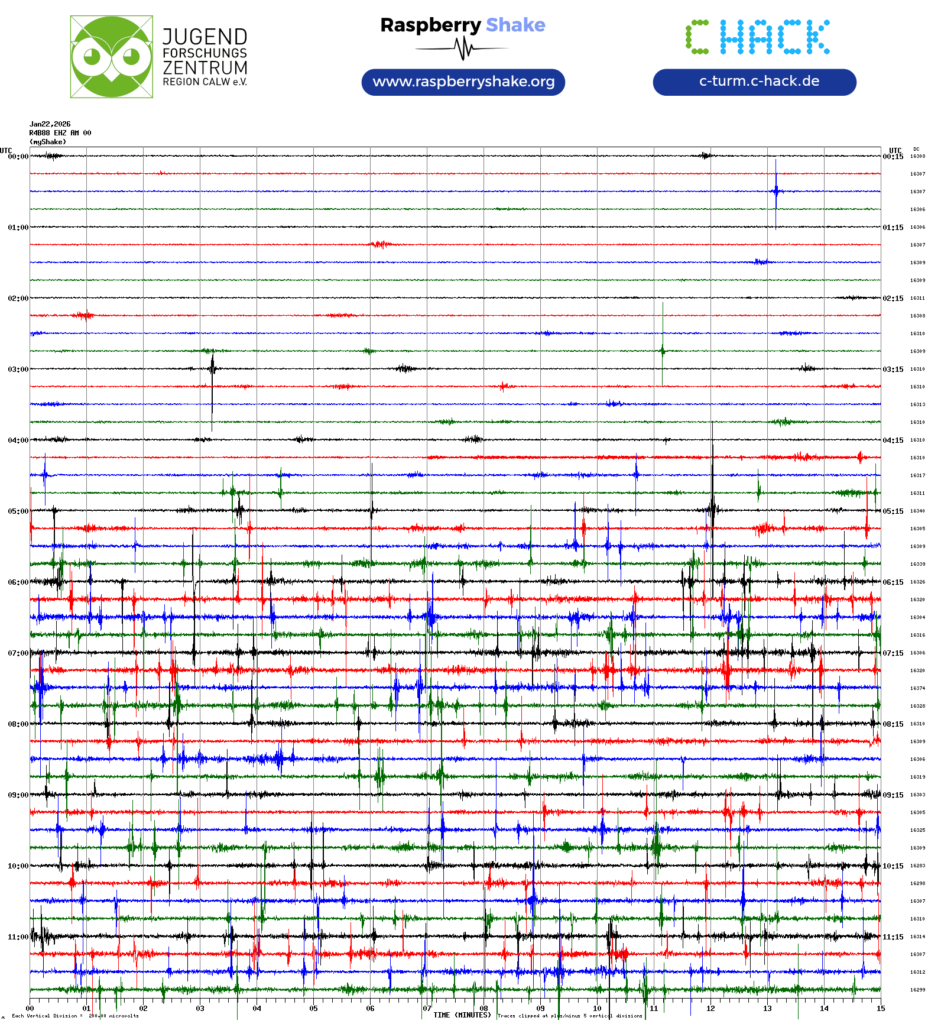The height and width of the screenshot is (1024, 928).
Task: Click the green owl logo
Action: point(111,57)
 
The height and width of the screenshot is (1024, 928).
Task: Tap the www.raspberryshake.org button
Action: point(463,82)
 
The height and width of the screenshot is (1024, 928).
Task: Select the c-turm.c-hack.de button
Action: point(754,82)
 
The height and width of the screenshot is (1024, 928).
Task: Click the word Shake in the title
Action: point(515,25)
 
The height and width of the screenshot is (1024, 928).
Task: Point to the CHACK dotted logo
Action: point(757,37)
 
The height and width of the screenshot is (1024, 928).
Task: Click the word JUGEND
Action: point(205,37)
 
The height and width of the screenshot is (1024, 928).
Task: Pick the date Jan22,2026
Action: point(50,124)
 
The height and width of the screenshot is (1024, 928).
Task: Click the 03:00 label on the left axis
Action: point(18,369)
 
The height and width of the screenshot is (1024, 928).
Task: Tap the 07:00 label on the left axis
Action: point(18,653)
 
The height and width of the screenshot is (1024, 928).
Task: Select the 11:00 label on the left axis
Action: point(18,936)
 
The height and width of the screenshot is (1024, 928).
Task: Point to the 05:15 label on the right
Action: point(893,511)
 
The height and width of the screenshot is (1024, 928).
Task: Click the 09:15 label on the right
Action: point(893,795)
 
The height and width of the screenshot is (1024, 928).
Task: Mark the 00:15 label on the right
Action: point(893,156)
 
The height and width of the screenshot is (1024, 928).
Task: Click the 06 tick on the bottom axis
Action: point(370,1008)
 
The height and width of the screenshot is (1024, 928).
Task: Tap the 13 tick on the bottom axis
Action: point(767,1008)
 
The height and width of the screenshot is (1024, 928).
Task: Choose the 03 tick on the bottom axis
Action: point(200,1008)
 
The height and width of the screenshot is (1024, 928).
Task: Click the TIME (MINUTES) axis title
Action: point(462,1015)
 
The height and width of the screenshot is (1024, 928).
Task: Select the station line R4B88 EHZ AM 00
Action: point(60,133)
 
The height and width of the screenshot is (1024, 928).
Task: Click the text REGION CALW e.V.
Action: point(205,82)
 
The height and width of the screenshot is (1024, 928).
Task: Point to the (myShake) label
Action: point(48,142)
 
